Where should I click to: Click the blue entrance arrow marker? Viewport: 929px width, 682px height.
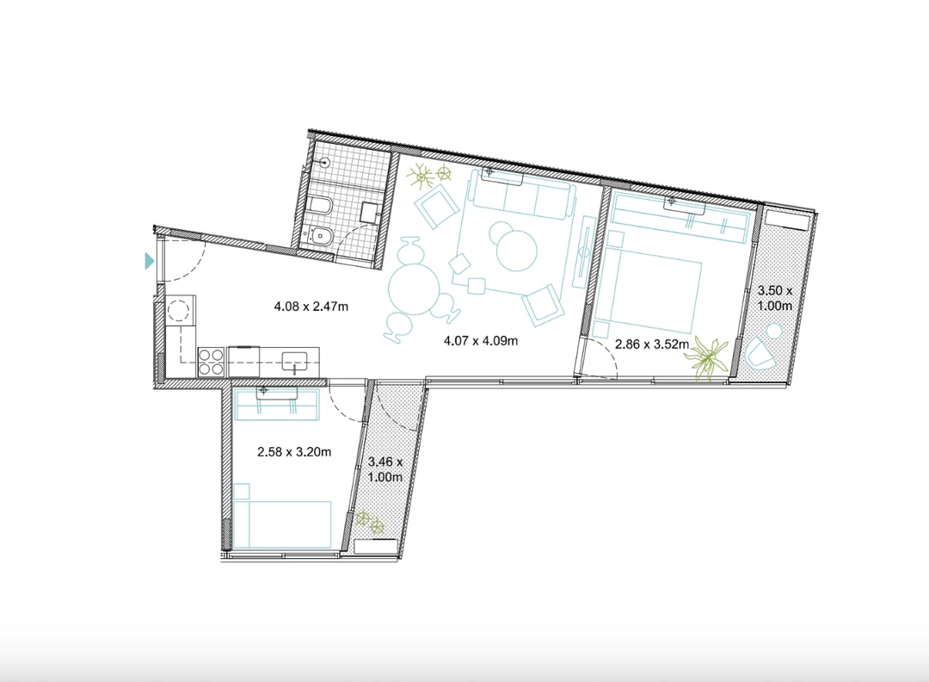[x=150, y=260]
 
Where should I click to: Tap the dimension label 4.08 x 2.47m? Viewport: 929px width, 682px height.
[x=311, y=307]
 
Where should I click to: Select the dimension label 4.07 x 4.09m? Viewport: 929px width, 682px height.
[x=481, y=341]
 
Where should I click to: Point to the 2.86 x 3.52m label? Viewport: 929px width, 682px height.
[x=652, y=344]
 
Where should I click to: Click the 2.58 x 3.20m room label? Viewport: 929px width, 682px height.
[x=294, y=452]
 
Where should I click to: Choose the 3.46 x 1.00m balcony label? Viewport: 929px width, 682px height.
[x=385, y=469]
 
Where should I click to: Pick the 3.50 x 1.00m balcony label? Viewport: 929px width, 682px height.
[x=775, y=298]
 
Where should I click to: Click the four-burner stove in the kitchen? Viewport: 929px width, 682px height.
[x=211, y=362]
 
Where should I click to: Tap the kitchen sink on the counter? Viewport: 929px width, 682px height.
[x=295, y=361]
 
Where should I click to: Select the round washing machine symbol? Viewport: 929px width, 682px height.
[x=179, y=310]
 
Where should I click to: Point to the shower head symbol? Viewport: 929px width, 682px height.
[x=323, y=161]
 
